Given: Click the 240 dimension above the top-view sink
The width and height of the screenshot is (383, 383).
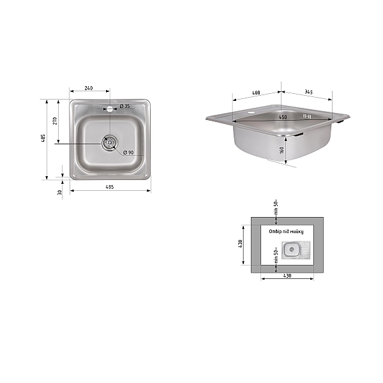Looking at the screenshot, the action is point(89,88).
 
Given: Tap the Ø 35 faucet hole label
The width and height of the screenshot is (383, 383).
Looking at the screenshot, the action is point(125,106).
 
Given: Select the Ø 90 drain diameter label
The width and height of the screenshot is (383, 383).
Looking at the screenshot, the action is point(128,153).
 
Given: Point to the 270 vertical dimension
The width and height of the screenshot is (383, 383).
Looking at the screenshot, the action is point(55,121).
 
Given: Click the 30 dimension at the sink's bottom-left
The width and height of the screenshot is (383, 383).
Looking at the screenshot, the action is point(59,193).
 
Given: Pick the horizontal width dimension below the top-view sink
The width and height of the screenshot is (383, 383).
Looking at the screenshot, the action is point(110,187).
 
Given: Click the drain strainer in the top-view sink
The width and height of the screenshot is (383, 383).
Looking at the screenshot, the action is point(110,142).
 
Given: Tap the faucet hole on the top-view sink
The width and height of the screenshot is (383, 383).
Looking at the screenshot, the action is point(110,109).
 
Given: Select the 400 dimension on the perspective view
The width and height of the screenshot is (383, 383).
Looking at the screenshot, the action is point(256,93).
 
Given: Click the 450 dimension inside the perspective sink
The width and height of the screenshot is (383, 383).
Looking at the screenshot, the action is point(283,117).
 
